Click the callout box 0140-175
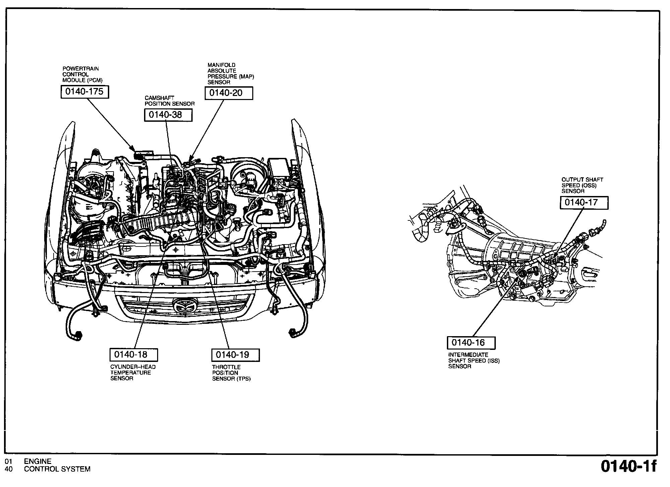click(x=85, y=92)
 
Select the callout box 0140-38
click(x=168, y=115)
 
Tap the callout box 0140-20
click(x=229, y=93)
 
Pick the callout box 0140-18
click(x=134, y=355)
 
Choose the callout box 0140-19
click(x=236, y=355)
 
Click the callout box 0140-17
click(x=584, y=203)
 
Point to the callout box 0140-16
click(x=471, y=343)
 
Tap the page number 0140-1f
click(x=628, y=467)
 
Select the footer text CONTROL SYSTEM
click(x=57, y=469)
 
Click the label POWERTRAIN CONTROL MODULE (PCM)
click(x=82, y=75)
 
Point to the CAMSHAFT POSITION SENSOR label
click(x=170, y=101)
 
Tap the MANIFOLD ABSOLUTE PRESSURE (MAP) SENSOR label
click(x=230, y=74)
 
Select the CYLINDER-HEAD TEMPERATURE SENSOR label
click(x=133, y=373)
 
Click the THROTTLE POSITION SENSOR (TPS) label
click(x=231, y=373)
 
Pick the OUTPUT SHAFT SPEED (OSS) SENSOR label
click(x=582, y=185)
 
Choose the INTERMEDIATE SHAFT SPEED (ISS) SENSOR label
click(x=474, y=361)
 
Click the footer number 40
click(x=9, y=469)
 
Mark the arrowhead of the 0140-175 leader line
click(x=134, y=151)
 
